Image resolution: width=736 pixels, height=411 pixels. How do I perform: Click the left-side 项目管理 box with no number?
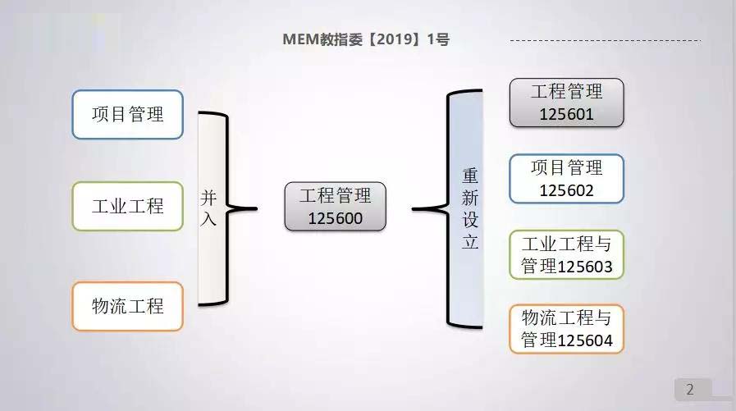[x=127, y=114]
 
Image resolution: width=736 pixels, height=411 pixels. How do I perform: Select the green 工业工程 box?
[x=127, y=206]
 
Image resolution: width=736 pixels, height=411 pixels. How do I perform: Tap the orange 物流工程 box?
[x=127, y=306]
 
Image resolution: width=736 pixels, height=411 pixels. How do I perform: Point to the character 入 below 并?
[x=209, y=220]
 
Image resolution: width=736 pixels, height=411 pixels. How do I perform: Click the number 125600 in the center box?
[x=335, y=219]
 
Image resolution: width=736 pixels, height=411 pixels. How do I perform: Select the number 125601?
[x=566, y=115]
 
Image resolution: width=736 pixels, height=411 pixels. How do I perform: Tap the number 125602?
[x=566, y=190]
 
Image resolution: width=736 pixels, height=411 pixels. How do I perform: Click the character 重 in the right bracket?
[x=470, y=176]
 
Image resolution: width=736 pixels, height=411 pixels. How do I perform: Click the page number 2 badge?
[x=690, y=389]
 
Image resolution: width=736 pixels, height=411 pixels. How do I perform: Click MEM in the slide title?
[x=299, y=39]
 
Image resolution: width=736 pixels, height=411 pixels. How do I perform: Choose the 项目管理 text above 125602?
[x=566, y=168]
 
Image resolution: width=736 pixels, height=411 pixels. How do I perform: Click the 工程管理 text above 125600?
[x=335, y=196]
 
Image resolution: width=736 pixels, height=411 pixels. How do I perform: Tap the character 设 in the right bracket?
[x=470, y=221]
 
